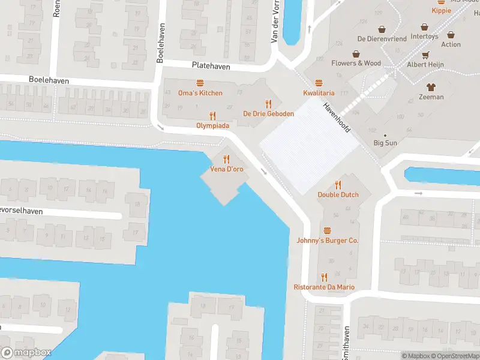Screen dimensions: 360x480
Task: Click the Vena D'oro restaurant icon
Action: click(226, 159)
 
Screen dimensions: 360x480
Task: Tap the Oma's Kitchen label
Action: click(200, 93)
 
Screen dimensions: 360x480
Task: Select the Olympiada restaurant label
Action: click(212, 125)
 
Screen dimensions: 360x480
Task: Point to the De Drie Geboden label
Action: click(268, 113)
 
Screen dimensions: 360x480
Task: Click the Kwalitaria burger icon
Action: click(319, 83)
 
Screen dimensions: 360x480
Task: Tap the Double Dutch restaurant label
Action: click(338, 194)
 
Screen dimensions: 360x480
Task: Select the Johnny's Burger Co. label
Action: click(327, 240)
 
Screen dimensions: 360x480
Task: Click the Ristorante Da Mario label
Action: click(324, 287)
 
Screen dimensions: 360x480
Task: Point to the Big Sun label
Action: click(385, 143)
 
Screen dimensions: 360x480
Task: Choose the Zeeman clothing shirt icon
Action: click(431, 87)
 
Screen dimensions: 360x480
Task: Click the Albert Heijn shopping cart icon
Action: click(426, 55)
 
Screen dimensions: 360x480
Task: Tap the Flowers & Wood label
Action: click(356, 63)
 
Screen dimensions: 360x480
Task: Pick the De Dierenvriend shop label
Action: click(382, 38)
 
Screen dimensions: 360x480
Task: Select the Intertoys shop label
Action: click(425, 36)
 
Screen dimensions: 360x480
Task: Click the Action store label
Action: click(451, 44)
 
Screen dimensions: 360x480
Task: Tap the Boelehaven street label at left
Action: click(49, 80)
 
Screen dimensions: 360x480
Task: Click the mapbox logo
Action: click(26, 353)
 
